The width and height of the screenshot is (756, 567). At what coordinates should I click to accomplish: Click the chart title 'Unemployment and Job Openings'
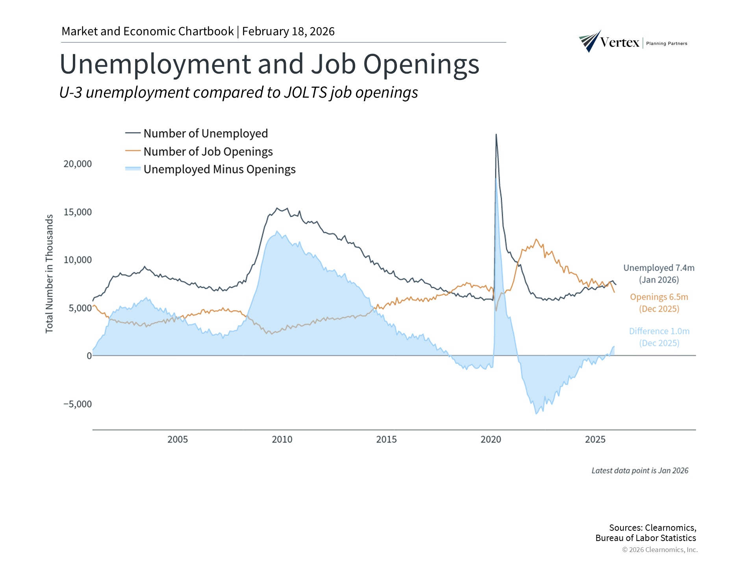pyautogui.click(x=269, y=64)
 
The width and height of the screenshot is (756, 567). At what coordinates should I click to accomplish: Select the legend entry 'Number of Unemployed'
pyautogui.click(x=205, y=133)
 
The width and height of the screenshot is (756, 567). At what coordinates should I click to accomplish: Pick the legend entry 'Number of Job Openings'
pyautogui.click(x=208, y=152)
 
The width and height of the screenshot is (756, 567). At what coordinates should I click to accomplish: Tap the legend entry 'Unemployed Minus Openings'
pyautogui.click(x=219, y=169)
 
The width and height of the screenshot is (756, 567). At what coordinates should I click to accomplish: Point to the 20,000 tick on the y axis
pyautogui.click(x=78, y=164)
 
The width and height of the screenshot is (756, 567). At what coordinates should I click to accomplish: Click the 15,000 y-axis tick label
pyautogui.click(x=78, y=212)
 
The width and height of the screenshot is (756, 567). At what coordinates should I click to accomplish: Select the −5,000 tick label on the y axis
pyautogui.click(x=78, y=404)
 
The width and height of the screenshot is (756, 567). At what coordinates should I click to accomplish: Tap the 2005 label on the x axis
pyautogui.click(x=178, y=439)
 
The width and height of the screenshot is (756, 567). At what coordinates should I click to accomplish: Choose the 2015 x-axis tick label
pyautogui.click(x=386, y=439)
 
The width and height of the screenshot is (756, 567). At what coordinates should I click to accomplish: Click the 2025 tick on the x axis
pyautogui.click(x=595, y=439)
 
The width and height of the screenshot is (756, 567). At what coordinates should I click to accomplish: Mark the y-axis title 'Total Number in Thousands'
pyautogui.click(x=49, y=274)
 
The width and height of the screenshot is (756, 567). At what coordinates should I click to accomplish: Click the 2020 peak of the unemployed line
pyautogui.click(x=496, y=135)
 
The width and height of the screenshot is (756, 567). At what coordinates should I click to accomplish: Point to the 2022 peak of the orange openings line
pyautogui.click(x=536, y=239)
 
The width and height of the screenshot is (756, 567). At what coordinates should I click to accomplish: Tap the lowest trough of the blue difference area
pyautogui.click(x=536, y=413)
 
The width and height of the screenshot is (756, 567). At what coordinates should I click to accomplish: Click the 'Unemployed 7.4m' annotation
pyautogui.click(x=659, y=268)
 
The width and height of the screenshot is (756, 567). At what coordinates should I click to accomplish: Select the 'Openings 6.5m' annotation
pyautogui.click(x=659, y=297)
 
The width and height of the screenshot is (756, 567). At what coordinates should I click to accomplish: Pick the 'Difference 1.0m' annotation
pyautogui.click(x=659, y=332)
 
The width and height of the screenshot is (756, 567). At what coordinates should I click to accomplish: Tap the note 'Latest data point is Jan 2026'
pyautogui.click(x=640, y=471)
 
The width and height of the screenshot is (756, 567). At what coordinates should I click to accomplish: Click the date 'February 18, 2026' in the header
pyautogui.click(x=288, y=31)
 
